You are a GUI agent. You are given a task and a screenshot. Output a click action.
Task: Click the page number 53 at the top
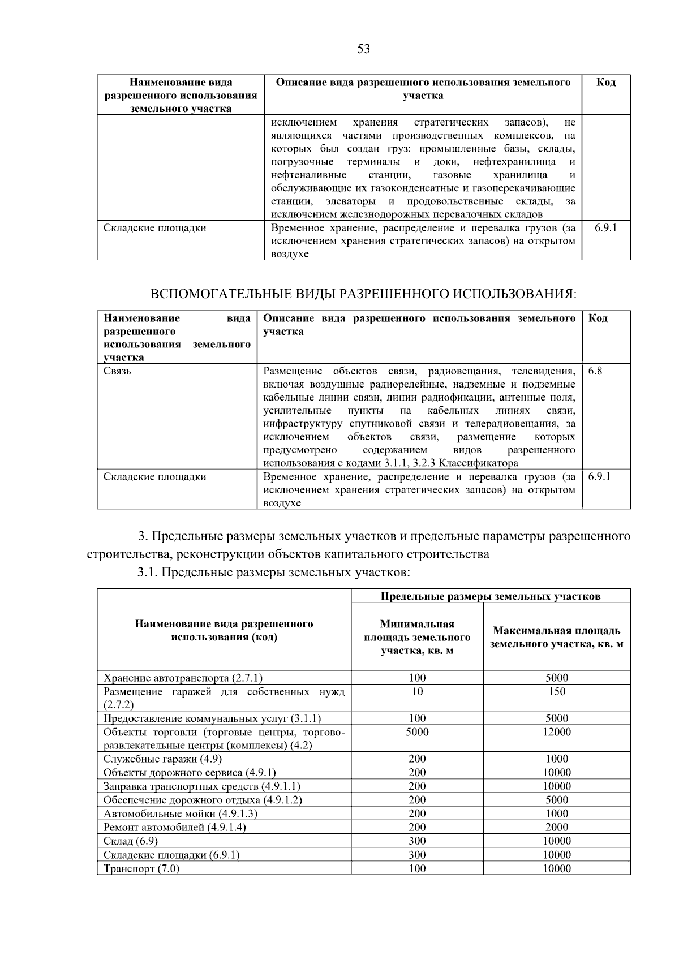363,49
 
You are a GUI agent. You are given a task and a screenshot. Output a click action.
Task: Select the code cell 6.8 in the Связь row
595,372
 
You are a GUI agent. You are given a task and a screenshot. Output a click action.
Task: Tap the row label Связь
118,372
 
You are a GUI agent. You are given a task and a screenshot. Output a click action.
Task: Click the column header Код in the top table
605,83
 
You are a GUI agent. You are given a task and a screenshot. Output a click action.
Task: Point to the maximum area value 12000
556,732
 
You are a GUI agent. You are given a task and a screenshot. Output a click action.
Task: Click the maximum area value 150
556,691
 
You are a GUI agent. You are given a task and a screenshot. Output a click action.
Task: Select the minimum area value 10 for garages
417,691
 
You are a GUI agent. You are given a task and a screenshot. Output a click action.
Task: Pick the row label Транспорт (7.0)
141,868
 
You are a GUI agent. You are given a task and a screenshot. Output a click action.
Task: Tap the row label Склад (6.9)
131,841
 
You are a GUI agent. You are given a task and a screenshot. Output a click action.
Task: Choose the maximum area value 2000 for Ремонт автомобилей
556,827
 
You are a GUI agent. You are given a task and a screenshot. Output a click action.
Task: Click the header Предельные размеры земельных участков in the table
490,596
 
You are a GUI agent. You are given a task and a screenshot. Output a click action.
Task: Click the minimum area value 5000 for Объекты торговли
417,732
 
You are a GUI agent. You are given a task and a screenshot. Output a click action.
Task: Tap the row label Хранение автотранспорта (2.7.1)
183,678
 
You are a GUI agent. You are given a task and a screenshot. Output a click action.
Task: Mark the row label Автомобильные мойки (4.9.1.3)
180,813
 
